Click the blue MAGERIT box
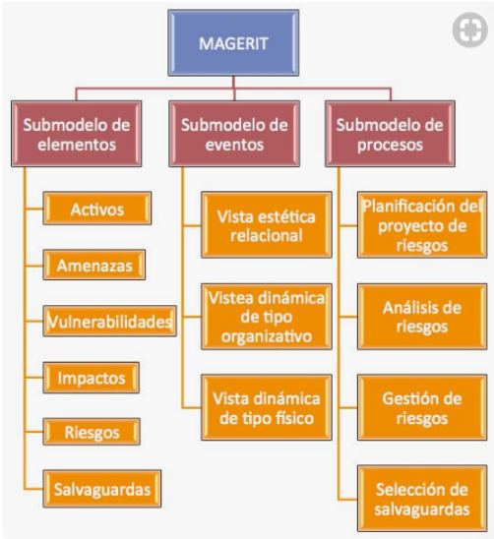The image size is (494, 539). (233, 43)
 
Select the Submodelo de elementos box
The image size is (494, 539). (77, 134)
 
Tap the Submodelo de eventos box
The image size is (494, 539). (234, 134)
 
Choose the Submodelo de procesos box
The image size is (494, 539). (390, 134)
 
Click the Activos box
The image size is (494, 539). (97, 209)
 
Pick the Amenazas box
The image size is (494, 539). (93, 265)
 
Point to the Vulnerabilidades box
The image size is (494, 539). (110, 321)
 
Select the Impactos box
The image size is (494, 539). (92, 378)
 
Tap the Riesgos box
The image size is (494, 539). (92, 432)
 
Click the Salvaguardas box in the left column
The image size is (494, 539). (101, 489)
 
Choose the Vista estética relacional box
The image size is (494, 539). (267, 225)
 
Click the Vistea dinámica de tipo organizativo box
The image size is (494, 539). (267, 317)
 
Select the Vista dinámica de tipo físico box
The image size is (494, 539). (267, 407)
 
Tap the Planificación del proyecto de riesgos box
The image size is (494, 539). (422, 225)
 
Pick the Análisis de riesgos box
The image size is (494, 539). (422, 317)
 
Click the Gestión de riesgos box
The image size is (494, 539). (422, 407)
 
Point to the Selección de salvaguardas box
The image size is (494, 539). (422, 499)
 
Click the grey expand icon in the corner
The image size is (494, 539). (470, 30)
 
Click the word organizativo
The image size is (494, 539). (267, 336)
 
